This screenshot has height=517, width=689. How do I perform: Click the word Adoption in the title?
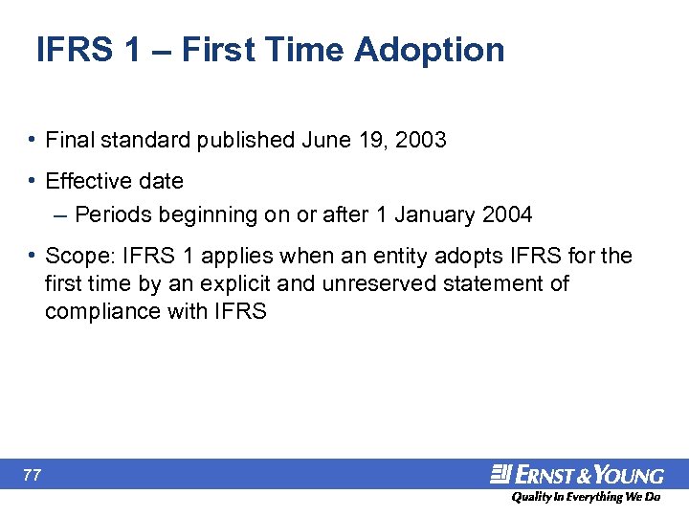click(429, 50)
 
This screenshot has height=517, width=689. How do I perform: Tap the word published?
click(246, 141)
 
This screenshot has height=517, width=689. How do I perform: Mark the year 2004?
click(506, 215)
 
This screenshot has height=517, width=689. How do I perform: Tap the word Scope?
click(77, 257)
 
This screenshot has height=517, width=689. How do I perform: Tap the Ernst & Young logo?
click(577, 475)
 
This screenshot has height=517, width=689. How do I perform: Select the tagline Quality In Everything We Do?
click(585, 498)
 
